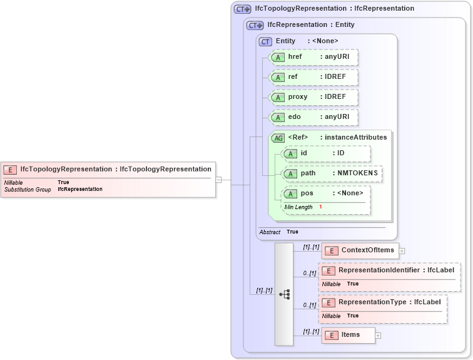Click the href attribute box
(x=313, y=57)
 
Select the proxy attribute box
(x=313, y=98)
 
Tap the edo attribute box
(x=313, y=117)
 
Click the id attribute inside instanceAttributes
(x=325, y=153)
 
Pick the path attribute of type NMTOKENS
(x=332, y=173)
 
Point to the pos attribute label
(x=307, y=193)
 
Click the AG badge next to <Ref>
(x=277, y=138)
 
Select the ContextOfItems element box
(x=360, y=250)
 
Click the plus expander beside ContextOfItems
(x=402, y=251)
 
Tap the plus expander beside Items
(x=378, y=336)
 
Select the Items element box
(x=348, y=335)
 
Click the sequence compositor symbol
(x=284, y=294)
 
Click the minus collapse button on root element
(x=218, y=180)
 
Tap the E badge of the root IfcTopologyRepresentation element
(x=11, y=169)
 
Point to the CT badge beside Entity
(x=265, y=41)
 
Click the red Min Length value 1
(x=320, y=207)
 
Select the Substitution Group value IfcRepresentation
(x=80, y=189)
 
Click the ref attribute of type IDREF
(x=313, y=77)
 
